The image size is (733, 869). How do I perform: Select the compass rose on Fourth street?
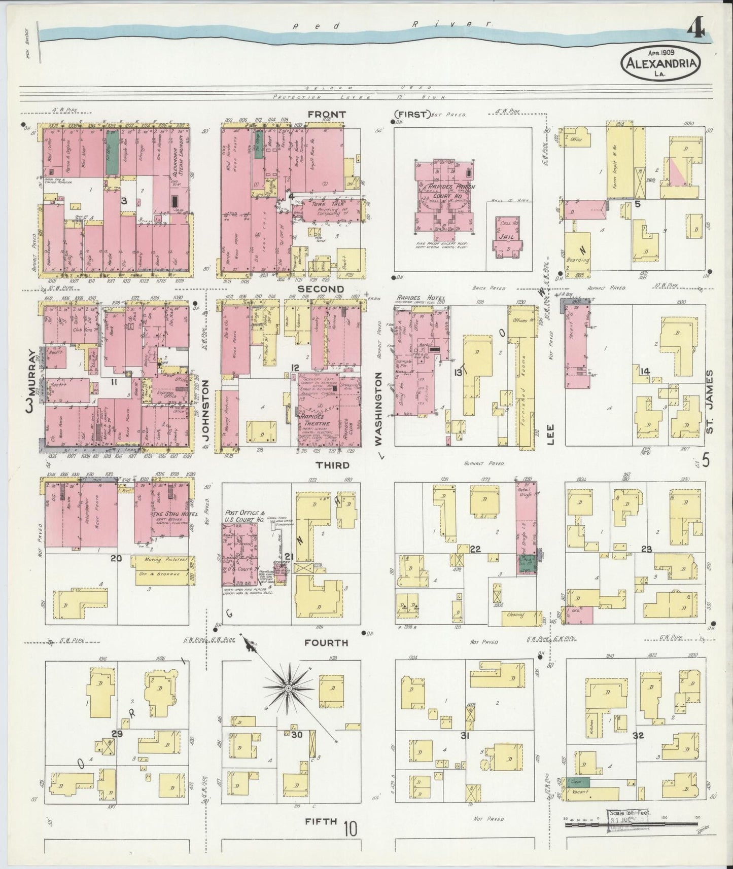pyautogui.click(x=288, y=688)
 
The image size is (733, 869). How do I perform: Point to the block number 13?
pyautogui.click(x=458, y=373)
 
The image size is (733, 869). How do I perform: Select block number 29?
pyautogui.click(x=117, y=734)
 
